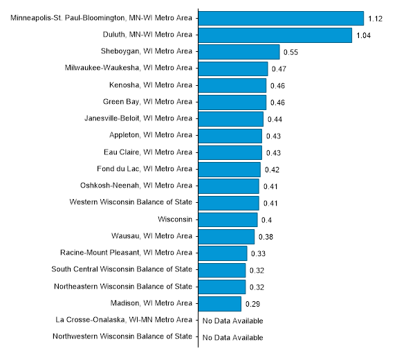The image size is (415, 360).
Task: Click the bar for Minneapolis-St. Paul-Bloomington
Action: point(281,18)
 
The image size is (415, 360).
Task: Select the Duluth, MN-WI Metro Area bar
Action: point(275,35)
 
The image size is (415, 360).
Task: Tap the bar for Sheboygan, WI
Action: point(239,52)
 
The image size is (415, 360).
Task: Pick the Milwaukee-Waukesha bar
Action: point(233,69)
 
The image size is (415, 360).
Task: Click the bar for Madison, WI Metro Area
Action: point(220,303)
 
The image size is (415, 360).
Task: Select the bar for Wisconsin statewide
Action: point(228,219)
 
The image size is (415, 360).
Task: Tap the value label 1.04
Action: point(364,35)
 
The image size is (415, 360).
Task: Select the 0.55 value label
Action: point(291,53)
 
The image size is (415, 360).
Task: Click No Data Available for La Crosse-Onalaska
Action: point(232,321)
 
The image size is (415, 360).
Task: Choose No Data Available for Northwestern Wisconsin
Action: point(232,337)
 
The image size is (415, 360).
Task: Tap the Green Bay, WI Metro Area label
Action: point(147,102)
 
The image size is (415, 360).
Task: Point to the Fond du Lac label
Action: point(145,169)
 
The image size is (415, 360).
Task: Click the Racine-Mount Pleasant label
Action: point(126,253)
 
